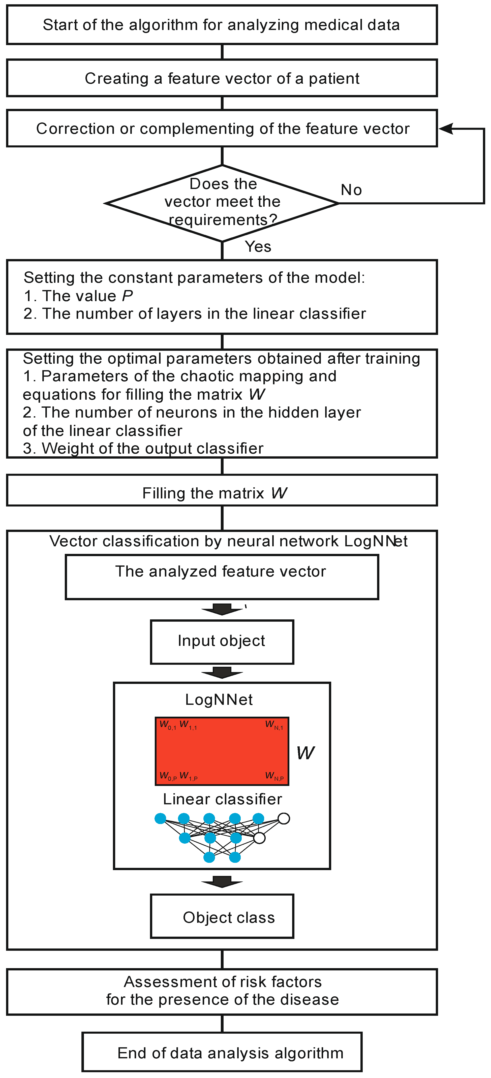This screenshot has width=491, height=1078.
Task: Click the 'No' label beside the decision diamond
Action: tap(351, 190)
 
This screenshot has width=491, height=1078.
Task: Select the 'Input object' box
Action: tap(222, 642)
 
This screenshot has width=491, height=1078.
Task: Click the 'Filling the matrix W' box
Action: tap(222, 490)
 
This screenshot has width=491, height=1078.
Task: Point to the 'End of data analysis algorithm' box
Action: tap(222, 1053)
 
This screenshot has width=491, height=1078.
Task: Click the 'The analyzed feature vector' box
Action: tap(222, 577)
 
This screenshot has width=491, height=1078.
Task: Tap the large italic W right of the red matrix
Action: tap(305, 753)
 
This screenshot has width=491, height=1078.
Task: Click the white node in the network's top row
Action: tap(284, 818)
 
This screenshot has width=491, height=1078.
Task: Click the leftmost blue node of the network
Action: tap(160, 818)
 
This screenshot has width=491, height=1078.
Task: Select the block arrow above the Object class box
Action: tap(222, 881)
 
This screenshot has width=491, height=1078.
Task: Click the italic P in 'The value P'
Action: tap(127, 296)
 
